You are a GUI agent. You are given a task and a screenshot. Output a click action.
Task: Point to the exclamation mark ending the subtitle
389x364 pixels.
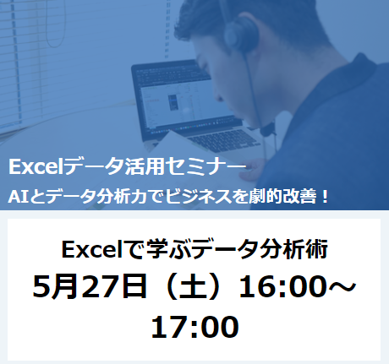(325, 197)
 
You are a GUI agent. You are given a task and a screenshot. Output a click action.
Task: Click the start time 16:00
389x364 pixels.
(281, 286)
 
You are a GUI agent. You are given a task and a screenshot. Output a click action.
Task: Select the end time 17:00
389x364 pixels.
(194, 327)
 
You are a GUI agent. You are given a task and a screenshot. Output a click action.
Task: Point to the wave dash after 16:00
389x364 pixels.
(340, 287)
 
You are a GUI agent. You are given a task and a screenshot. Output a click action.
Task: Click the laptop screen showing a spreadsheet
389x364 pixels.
(184, 100)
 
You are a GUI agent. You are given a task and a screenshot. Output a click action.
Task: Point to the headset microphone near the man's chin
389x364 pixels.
(267, 129)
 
